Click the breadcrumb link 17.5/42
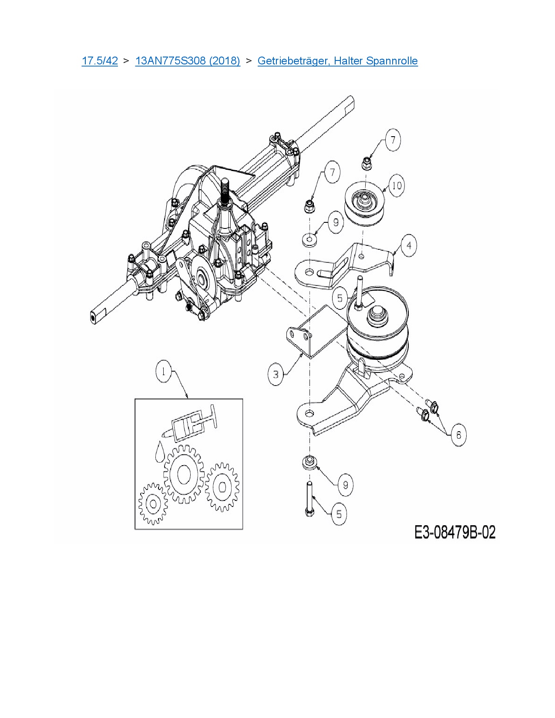(100, 60)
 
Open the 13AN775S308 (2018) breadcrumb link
(188, 60)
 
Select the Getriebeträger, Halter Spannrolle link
(337, 60)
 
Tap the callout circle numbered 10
(396, 186)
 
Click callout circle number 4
(408, 246)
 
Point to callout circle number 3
(276, 374)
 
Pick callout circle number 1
(164, 372)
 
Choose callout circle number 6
(458, 435)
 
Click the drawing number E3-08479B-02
(455, 532)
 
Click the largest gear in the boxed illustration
(183, 474)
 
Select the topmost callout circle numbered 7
(393, 140)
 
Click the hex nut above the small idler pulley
(366, 164)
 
